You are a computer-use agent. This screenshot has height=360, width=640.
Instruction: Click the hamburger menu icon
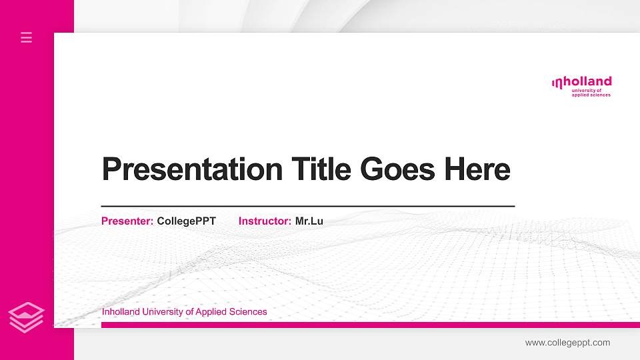(x=27, y=37)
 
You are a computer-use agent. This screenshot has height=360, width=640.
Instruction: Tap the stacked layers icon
(x=27, y=317)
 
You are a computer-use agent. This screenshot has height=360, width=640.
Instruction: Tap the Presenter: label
(x=127, y=221)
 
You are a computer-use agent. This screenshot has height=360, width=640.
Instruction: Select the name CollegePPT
(x=187, y=221)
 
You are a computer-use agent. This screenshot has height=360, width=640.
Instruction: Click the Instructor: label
(x=265, y=221)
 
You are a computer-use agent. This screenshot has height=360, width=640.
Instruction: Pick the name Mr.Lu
(x=309, y=221)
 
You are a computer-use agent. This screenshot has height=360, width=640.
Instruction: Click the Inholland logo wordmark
(x=582, y=82)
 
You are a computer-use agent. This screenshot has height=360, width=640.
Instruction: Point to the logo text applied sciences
(x=591, y=95)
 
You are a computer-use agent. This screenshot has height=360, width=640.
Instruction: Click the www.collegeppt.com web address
(x=567, y=343)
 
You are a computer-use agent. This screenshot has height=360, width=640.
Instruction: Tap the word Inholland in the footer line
(x=122, y=311)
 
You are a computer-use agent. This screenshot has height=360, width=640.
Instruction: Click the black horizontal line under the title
(x=307, y=207)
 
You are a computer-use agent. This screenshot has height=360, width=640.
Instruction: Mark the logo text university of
(x=587, y=90)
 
